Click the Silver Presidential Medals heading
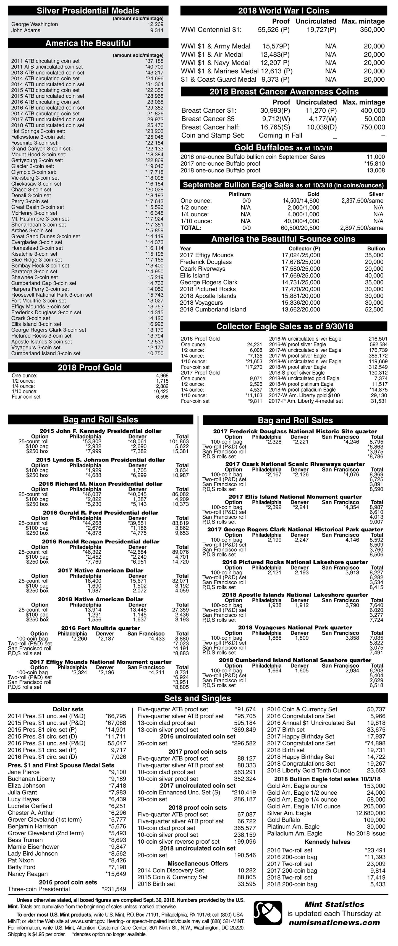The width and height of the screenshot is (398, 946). click(x=88, y=11)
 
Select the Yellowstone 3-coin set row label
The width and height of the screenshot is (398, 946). click(x=38, y=137)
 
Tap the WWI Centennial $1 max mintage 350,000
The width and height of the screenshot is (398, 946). click(x=372, y=30)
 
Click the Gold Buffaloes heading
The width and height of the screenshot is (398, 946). click(x=283, y=148)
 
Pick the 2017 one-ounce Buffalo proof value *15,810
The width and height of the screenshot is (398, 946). click(x=374, y=164)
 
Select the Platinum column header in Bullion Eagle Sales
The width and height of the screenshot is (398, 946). click(x=240, y=194)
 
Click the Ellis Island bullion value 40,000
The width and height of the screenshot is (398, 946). click(x=374, y=275)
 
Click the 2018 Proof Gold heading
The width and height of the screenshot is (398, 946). click(x=90, y=367)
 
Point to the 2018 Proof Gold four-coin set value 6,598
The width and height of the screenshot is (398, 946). click(x=162, y=396)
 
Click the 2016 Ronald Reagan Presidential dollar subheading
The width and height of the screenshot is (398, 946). click(x=101, y=541)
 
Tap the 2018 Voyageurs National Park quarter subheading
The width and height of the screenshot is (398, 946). click(x=295, y=627)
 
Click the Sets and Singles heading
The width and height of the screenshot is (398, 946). click(x=198, y=698)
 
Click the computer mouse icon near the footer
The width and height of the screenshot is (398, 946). click(x=268, y=914)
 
